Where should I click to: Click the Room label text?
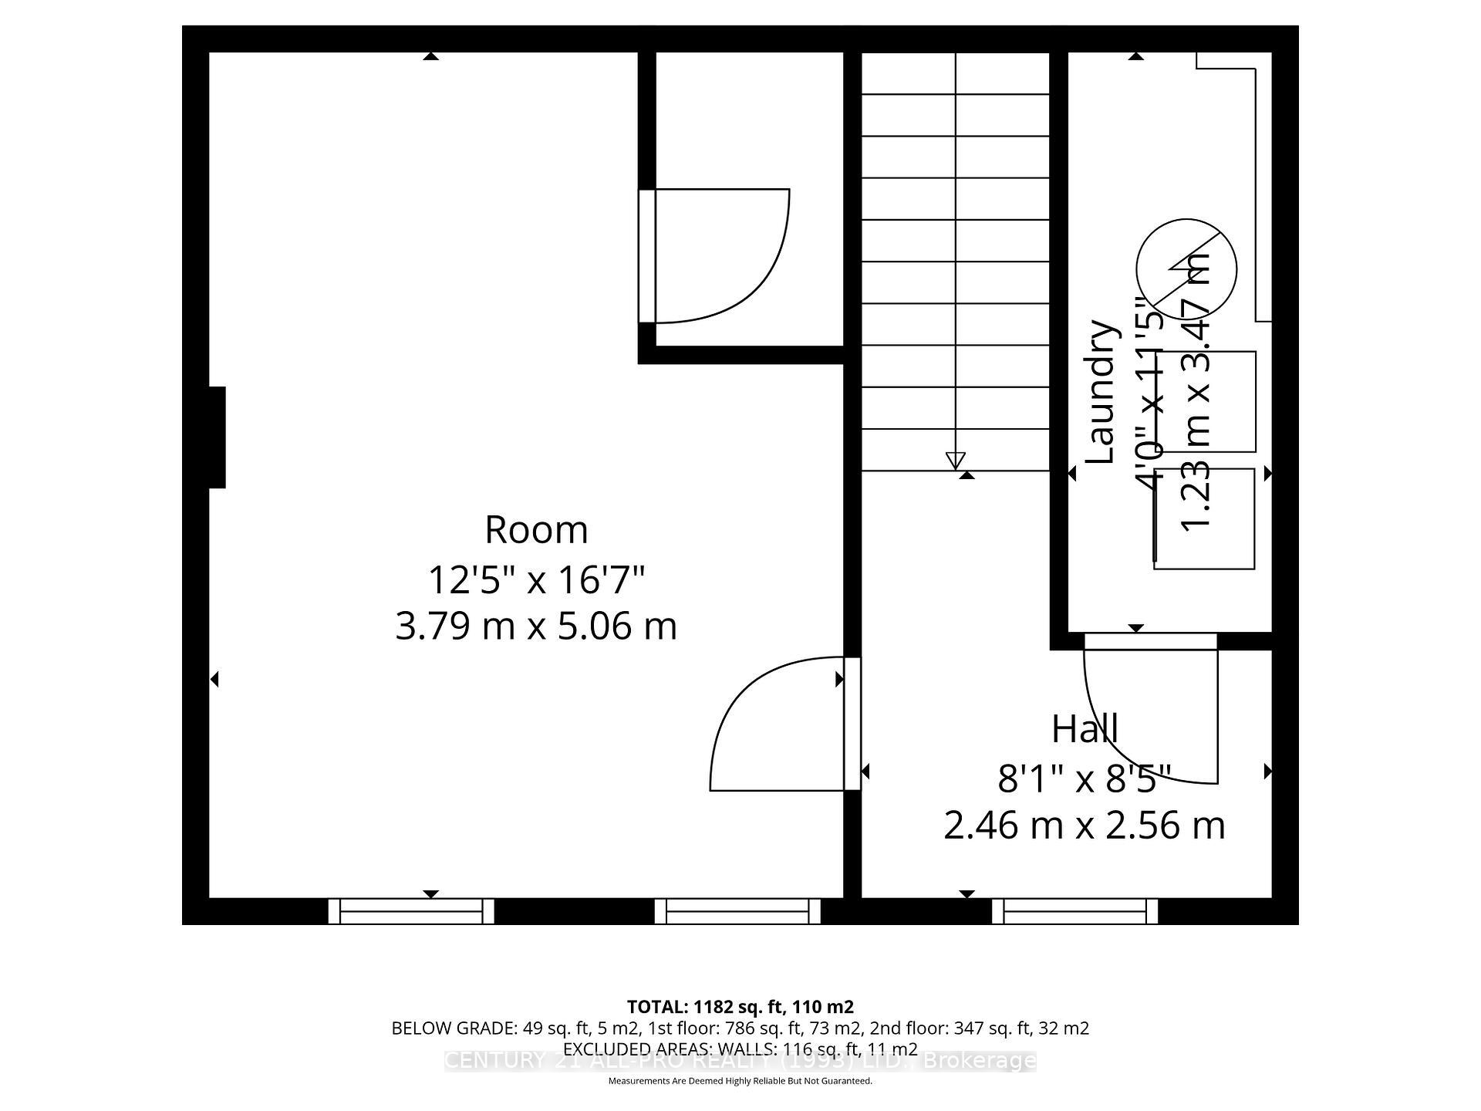point(536,530)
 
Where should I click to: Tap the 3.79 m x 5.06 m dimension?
point(536,626)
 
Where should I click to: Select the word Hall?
point(1085,728)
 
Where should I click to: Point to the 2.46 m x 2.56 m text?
point(1085,826)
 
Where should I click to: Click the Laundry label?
point(1101,392)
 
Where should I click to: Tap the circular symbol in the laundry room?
point(1186,268)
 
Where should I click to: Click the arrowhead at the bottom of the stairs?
point(955,461)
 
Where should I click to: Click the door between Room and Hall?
point(852,724)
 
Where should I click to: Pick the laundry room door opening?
point(1150,641)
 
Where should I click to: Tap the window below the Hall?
point(1074,911)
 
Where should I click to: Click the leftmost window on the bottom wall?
point(411,911)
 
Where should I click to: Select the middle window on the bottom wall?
point(737,911)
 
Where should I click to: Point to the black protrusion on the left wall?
point(217,437)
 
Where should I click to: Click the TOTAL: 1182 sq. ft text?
point(740,1007)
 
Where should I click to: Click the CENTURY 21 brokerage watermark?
point(740,1061)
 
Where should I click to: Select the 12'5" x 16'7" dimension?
point(536,580)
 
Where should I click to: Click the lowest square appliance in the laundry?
point(1203,519)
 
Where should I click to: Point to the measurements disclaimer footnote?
point(740,1081)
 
